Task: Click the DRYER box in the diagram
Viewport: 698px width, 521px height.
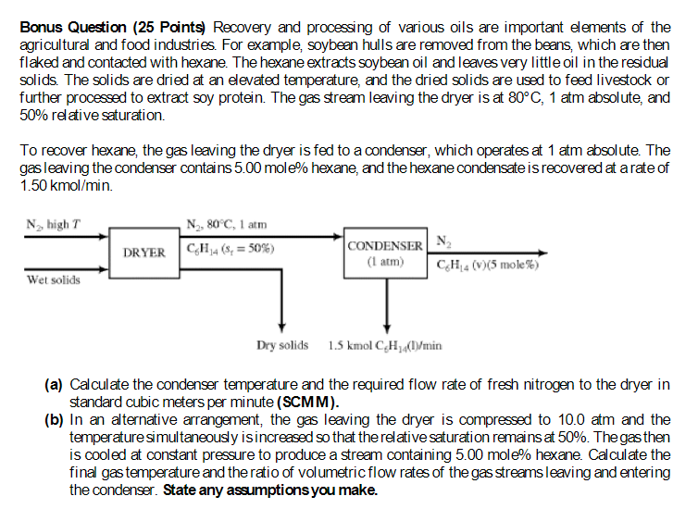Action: click(x=143, y=252)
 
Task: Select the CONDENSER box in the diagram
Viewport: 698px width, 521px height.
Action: click(x=385, y=245)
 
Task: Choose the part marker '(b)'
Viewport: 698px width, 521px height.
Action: click(x=54, y=420)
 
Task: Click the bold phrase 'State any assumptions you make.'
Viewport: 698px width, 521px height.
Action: click(x=270, y=490)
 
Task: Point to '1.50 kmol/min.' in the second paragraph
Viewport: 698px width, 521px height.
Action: click(x=62, y=186)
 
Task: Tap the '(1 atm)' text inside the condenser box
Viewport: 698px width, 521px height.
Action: click(x=385, y=262)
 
